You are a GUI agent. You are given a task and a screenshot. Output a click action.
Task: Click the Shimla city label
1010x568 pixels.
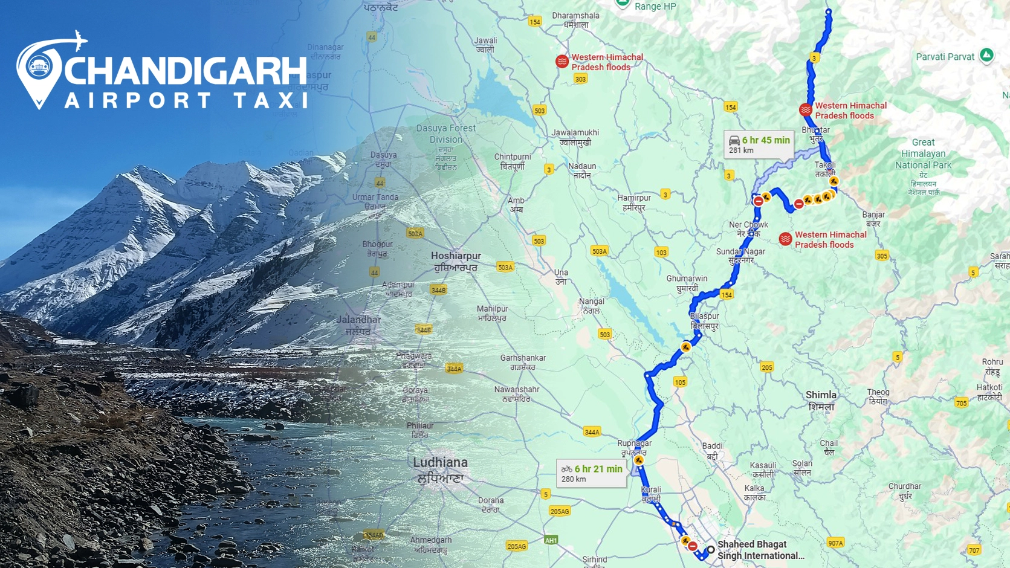click(x=821, y=400)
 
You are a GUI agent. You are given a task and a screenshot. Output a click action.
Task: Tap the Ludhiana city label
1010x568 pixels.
click(x=440, y=470)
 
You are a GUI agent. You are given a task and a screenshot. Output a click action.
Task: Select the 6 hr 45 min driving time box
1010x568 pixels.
click(x=759, y=145)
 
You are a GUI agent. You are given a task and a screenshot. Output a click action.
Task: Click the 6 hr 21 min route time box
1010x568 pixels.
click(x=591, y=473)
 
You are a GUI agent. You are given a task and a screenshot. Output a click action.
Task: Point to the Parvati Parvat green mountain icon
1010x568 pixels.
click(x=986, y=56)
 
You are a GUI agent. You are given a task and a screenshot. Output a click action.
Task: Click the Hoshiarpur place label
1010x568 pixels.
click(x=456, y=261)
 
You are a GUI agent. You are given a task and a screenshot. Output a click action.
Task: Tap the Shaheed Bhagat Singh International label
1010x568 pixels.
click(x=760, y=550)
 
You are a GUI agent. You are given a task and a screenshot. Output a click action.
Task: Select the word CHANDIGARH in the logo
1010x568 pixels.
click(x=186, y=71)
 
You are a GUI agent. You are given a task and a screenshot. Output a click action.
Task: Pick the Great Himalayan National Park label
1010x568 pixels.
click(x=923, y=153)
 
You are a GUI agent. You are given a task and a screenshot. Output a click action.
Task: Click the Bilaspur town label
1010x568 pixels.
click(x=705, y=321)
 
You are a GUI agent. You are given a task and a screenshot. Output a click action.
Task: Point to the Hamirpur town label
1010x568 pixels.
click(x=634, y=202)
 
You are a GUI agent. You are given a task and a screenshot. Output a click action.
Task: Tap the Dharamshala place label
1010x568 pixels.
click(x=576, y=20)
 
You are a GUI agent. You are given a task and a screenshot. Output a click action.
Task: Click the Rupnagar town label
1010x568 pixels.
click(x=634, y=448)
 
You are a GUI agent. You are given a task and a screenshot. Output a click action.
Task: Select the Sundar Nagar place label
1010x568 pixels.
click(x=740, y=256)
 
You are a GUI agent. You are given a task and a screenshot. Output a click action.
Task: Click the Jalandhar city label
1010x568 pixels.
click(x=358, y=325)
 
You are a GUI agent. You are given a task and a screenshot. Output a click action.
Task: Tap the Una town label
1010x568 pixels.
click(x=561, y=277)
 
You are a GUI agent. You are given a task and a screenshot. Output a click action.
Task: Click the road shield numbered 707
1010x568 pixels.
click(x=974, y=550)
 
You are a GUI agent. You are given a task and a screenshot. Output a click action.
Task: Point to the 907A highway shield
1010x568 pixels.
click(x=835, y=543)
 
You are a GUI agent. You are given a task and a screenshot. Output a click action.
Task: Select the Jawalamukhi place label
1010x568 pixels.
click(x=575, y=137)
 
